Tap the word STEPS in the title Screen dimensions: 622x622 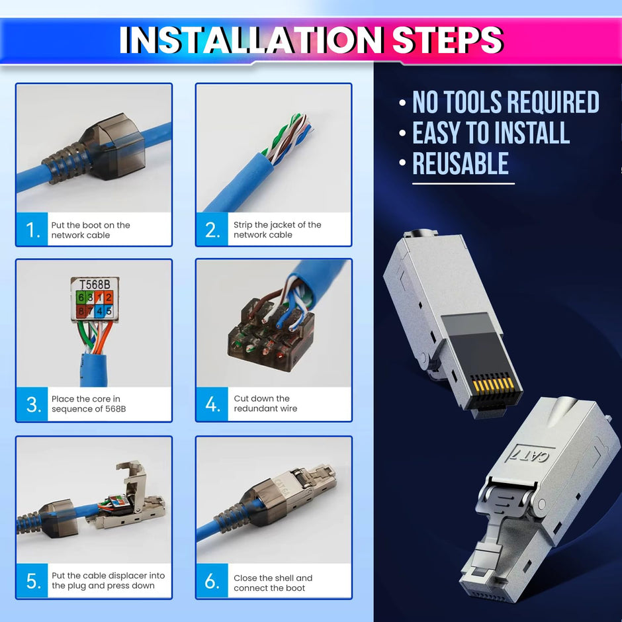tap(448, 40)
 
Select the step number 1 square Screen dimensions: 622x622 tap(32, 230)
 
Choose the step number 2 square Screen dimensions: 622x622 tap(212, 230)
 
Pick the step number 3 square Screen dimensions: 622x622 tap(32, 404)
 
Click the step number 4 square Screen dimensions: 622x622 tap(212, 404)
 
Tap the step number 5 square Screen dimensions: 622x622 tap(32, 581)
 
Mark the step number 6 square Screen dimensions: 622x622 tap(212, 581)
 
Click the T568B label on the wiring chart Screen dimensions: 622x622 tap(95, 285)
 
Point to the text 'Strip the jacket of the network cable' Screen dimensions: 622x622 tap(277, 230)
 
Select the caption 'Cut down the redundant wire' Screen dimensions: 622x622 tap(265, 404)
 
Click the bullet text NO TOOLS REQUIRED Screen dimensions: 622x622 tap(506, 103)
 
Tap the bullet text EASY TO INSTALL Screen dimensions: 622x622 tap(491, 133)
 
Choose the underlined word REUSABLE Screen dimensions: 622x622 tap(461, 164)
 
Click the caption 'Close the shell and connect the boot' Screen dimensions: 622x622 tap(273, 583)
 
